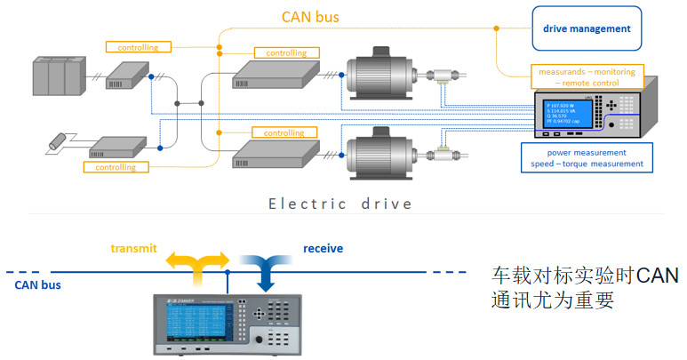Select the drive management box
click(587, 28)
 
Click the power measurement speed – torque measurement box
click(587, 157)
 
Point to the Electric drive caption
click(341, 204)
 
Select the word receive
click(323, 249)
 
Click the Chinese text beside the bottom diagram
click(585, 287)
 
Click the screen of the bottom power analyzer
click(198, 324)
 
